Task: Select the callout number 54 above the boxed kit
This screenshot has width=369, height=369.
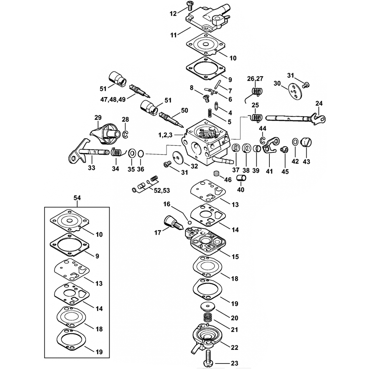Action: click(x=77, y=199)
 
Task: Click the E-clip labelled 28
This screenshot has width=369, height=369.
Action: click(x=125, y=134)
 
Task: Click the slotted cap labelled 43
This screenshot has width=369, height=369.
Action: click(x=307, y=142)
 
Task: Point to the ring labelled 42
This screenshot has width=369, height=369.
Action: click(x=295, y=142)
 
